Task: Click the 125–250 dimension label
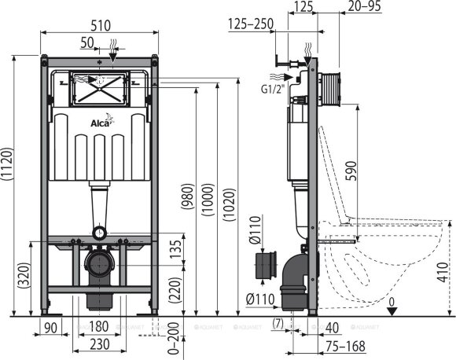(250, 24)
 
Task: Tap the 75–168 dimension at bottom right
(346, 343)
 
